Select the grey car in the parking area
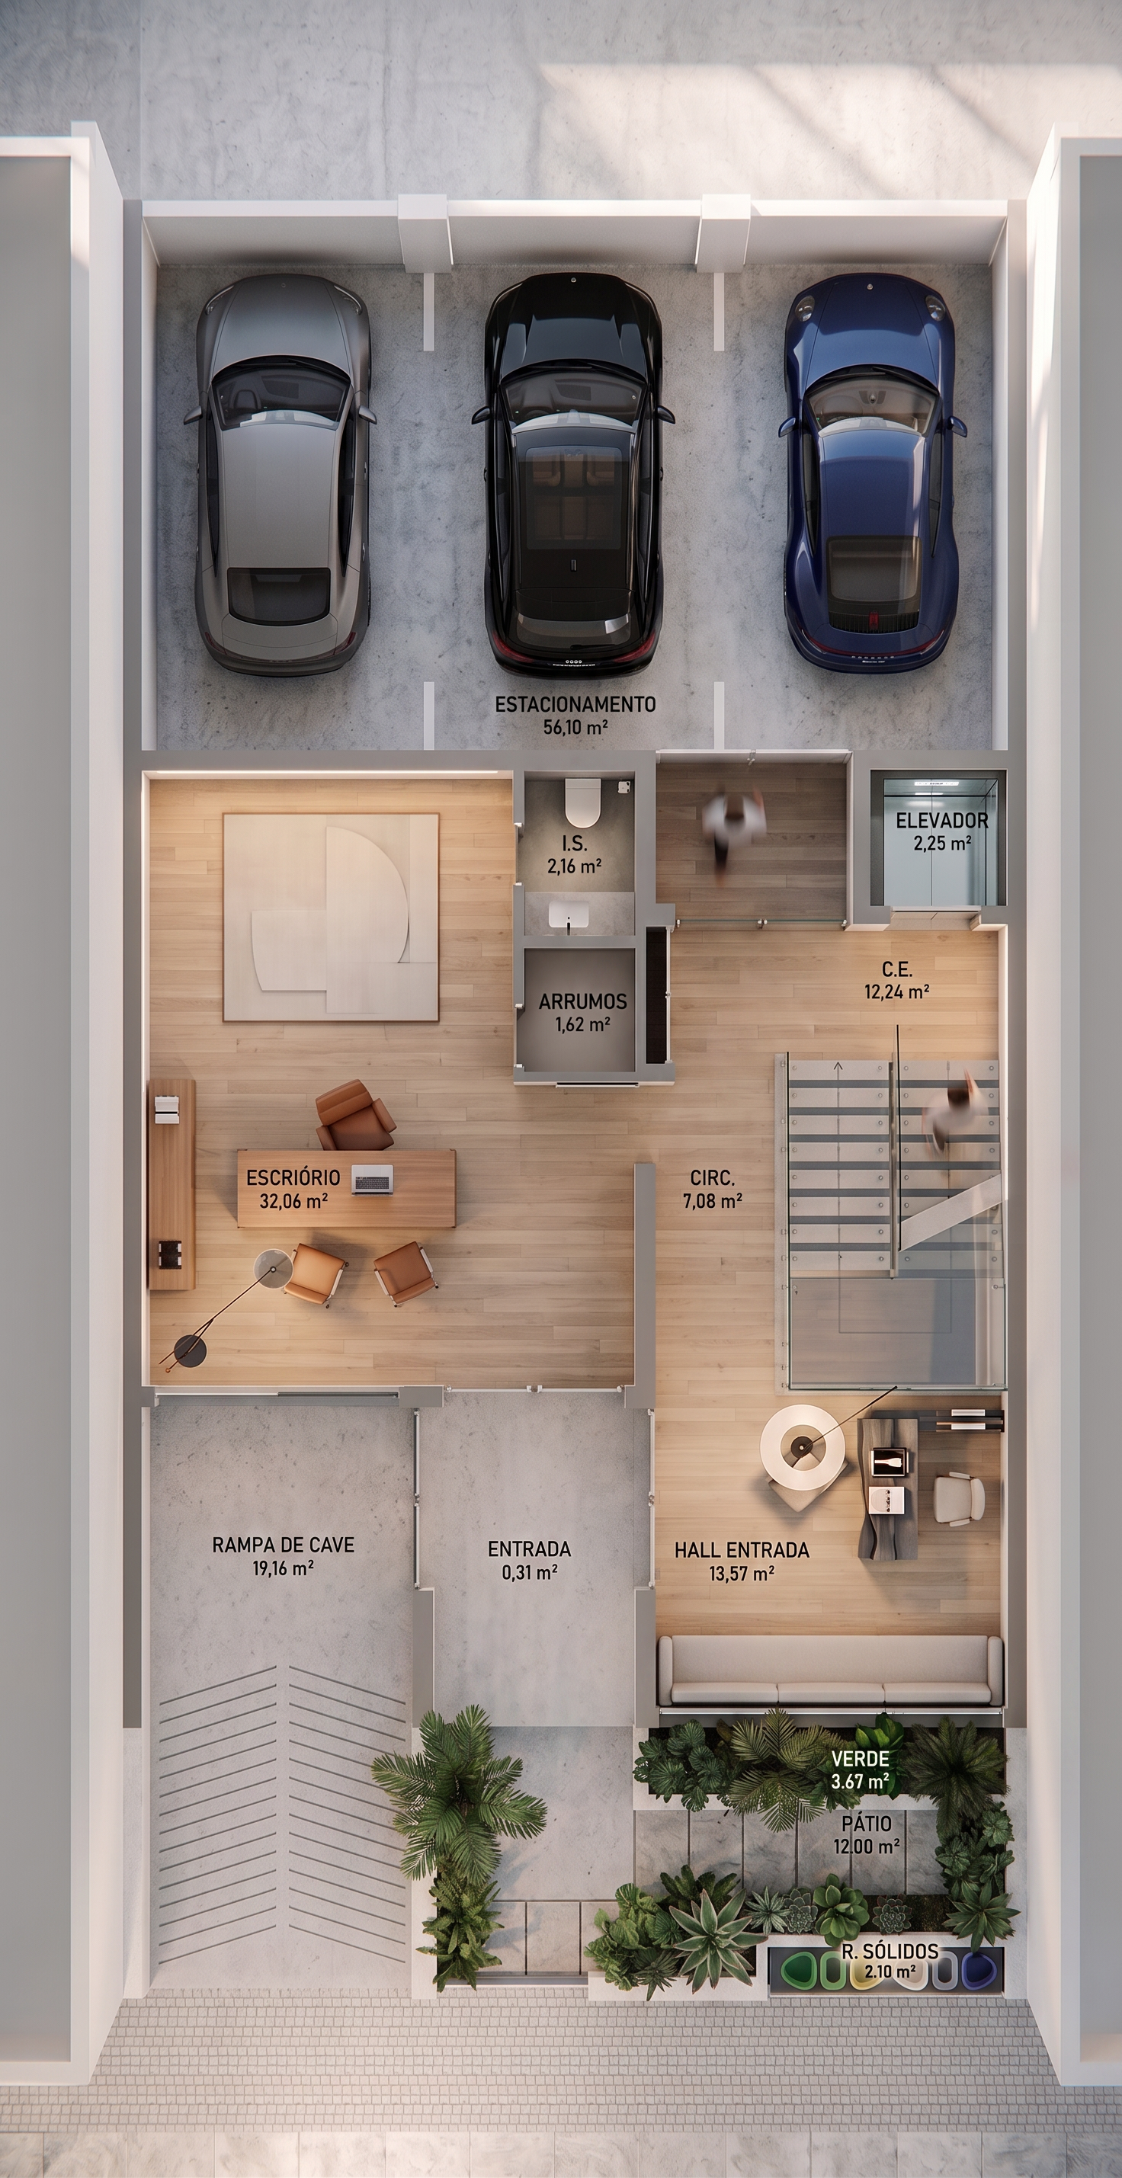[282, 473]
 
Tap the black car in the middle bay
[572, 473]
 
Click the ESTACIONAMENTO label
[575, 703]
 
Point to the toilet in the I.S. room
[582, 802]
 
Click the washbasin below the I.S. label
[568, 914]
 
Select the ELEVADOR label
[942, 820]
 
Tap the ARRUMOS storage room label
[582, 1002]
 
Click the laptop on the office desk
[372, 1179]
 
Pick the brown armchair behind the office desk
[355, 1116]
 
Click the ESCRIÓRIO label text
[293, 1177]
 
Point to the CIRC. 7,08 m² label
[713, 1188]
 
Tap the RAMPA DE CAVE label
[284, 1545]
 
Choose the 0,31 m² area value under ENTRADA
[529, 1573]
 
